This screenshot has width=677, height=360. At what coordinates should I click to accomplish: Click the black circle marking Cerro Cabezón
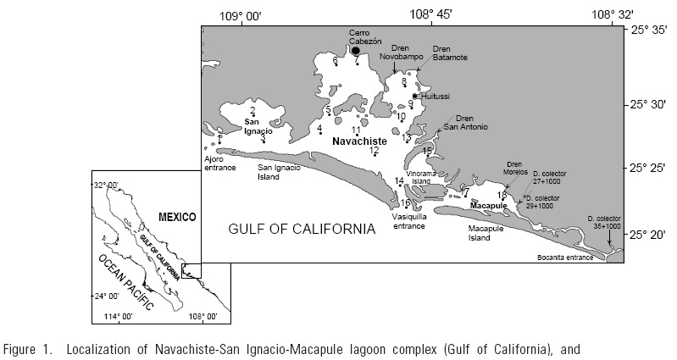coord(357,51)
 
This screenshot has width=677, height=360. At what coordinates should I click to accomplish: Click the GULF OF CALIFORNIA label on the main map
coord(302,229)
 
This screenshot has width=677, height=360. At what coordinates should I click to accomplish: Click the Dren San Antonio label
coord(463,123)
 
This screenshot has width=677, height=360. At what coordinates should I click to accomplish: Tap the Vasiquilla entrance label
coord(408,221)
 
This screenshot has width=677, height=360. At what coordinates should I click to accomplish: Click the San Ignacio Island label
coord(280,173)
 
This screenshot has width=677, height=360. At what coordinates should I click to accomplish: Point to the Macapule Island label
coord(492,233)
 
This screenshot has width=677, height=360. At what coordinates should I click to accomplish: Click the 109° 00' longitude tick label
coord(241,14)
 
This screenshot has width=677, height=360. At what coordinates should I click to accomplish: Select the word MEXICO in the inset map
coord(176,217)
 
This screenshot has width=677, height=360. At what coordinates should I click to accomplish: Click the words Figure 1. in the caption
coord(27,348)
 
